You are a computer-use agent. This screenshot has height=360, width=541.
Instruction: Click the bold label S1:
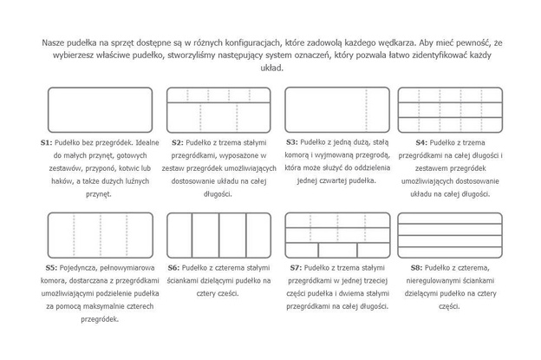(47, 141)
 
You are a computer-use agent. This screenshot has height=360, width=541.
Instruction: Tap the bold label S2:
(177, 141)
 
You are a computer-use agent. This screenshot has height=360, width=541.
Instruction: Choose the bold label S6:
(173, 267)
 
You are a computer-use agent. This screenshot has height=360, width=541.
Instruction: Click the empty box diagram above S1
(99, 108)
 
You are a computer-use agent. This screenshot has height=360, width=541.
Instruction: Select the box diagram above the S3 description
(335, 108)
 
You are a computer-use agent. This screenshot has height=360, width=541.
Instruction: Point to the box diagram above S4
(449, 108)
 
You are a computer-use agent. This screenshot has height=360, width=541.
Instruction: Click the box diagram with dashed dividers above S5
(99, 235)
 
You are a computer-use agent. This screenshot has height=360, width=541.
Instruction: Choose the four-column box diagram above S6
(218, 235)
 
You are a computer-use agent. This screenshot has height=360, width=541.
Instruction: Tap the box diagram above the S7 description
(335, 235)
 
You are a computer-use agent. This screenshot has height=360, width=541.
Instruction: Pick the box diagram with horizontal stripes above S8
(449, 235)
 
